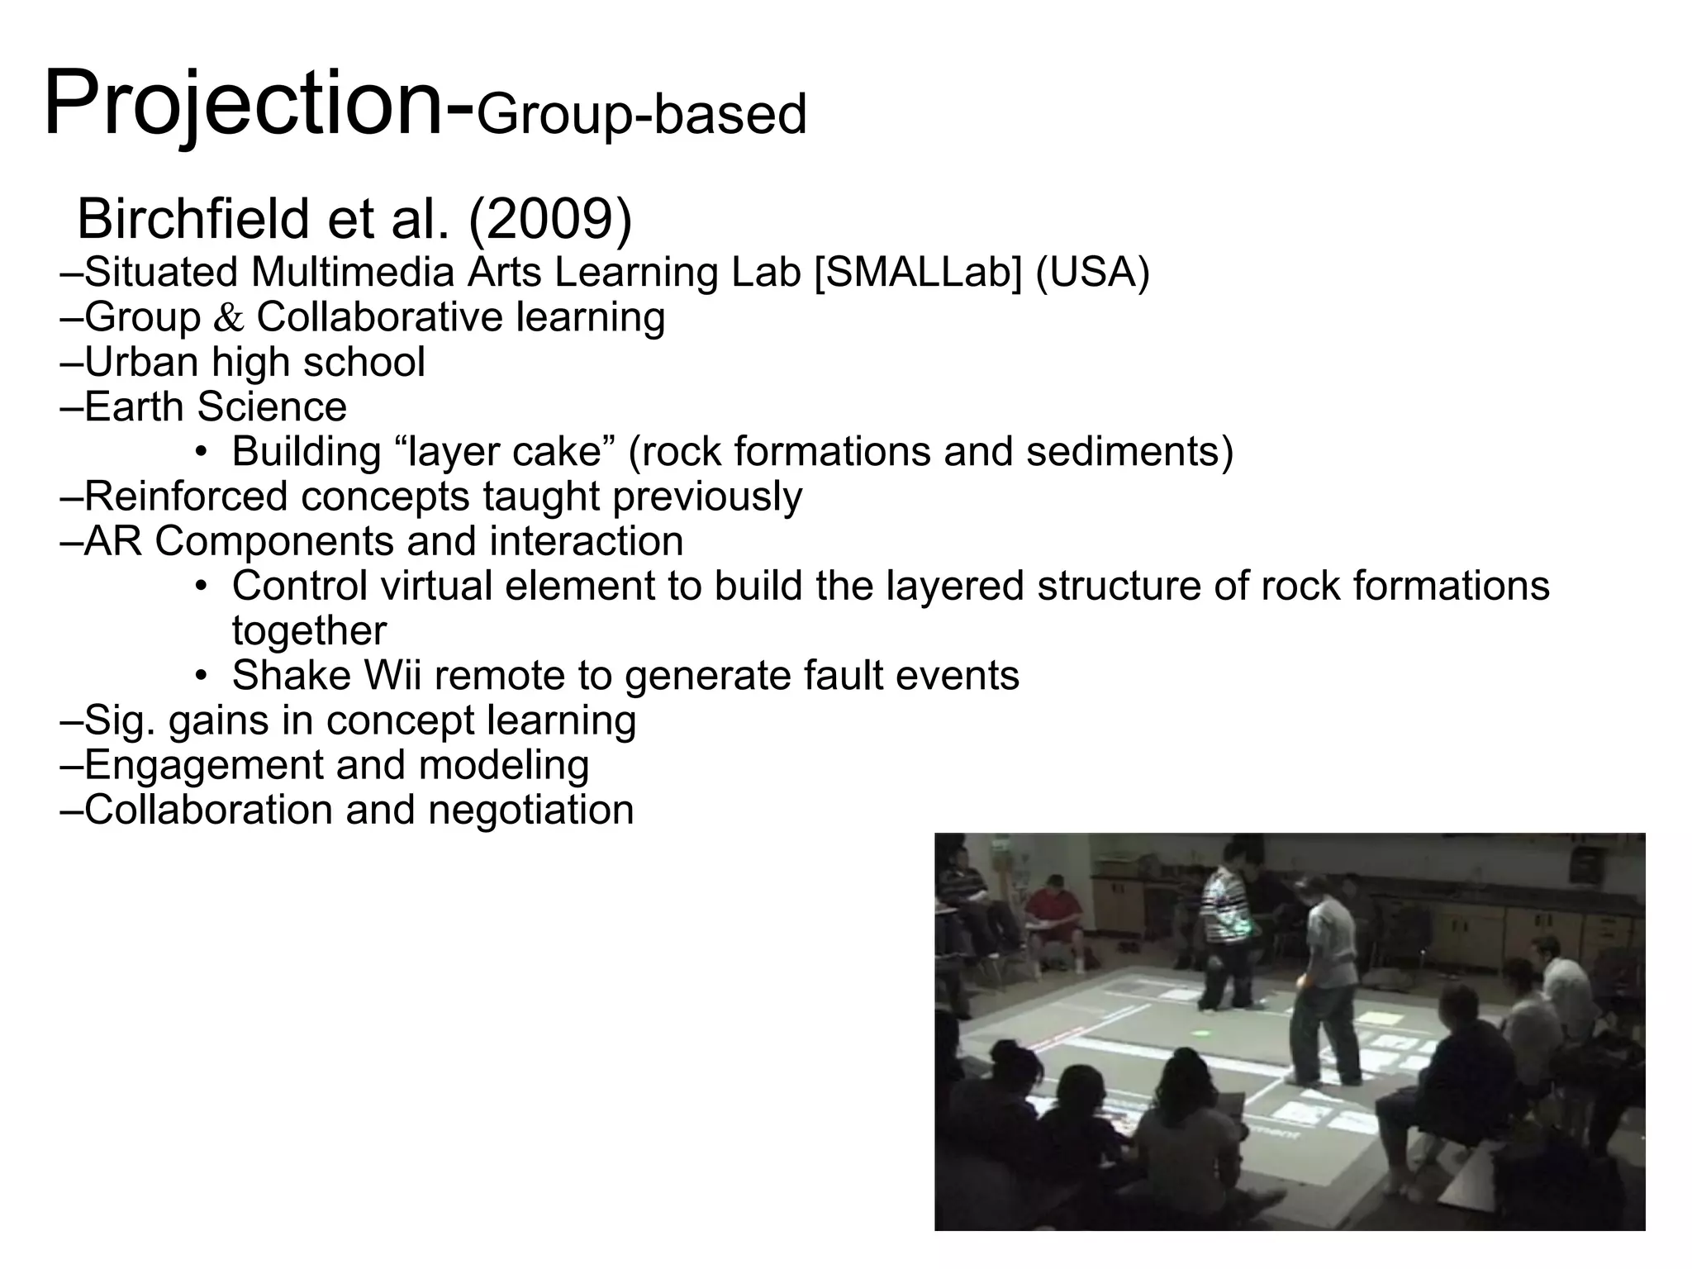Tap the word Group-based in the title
pos(642,115)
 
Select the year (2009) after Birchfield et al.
pos(550,219)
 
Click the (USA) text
pos(1092,272)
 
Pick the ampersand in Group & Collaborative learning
pos(229,318)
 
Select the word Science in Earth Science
pos(272,406)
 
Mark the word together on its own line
pos(309,630)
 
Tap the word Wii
pos(392,675)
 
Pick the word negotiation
pos(530,809)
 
